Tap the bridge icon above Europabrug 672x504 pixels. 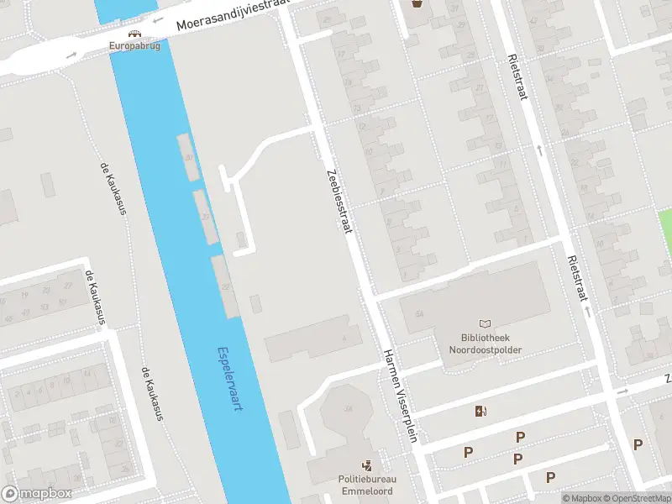click(x=134, y=35)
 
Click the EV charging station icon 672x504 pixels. click(x=480, y=411)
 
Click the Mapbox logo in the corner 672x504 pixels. click(x=37, y=494)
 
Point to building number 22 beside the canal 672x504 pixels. click(x=224, y=286)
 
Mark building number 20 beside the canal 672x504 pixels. click(x=189, y=157)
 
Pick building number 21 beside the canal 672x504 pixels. click(x=206, y=216)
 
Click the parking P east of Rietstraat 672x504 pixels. click(x=638, y=444)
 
